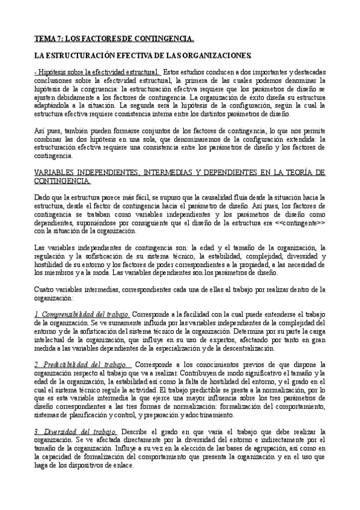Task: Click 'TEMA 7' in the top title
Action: point(47,39)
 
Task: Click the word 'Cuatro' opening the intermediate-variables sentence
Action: point(43,289)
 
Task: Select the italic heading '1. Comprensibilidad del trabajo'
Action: point(82,314)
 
